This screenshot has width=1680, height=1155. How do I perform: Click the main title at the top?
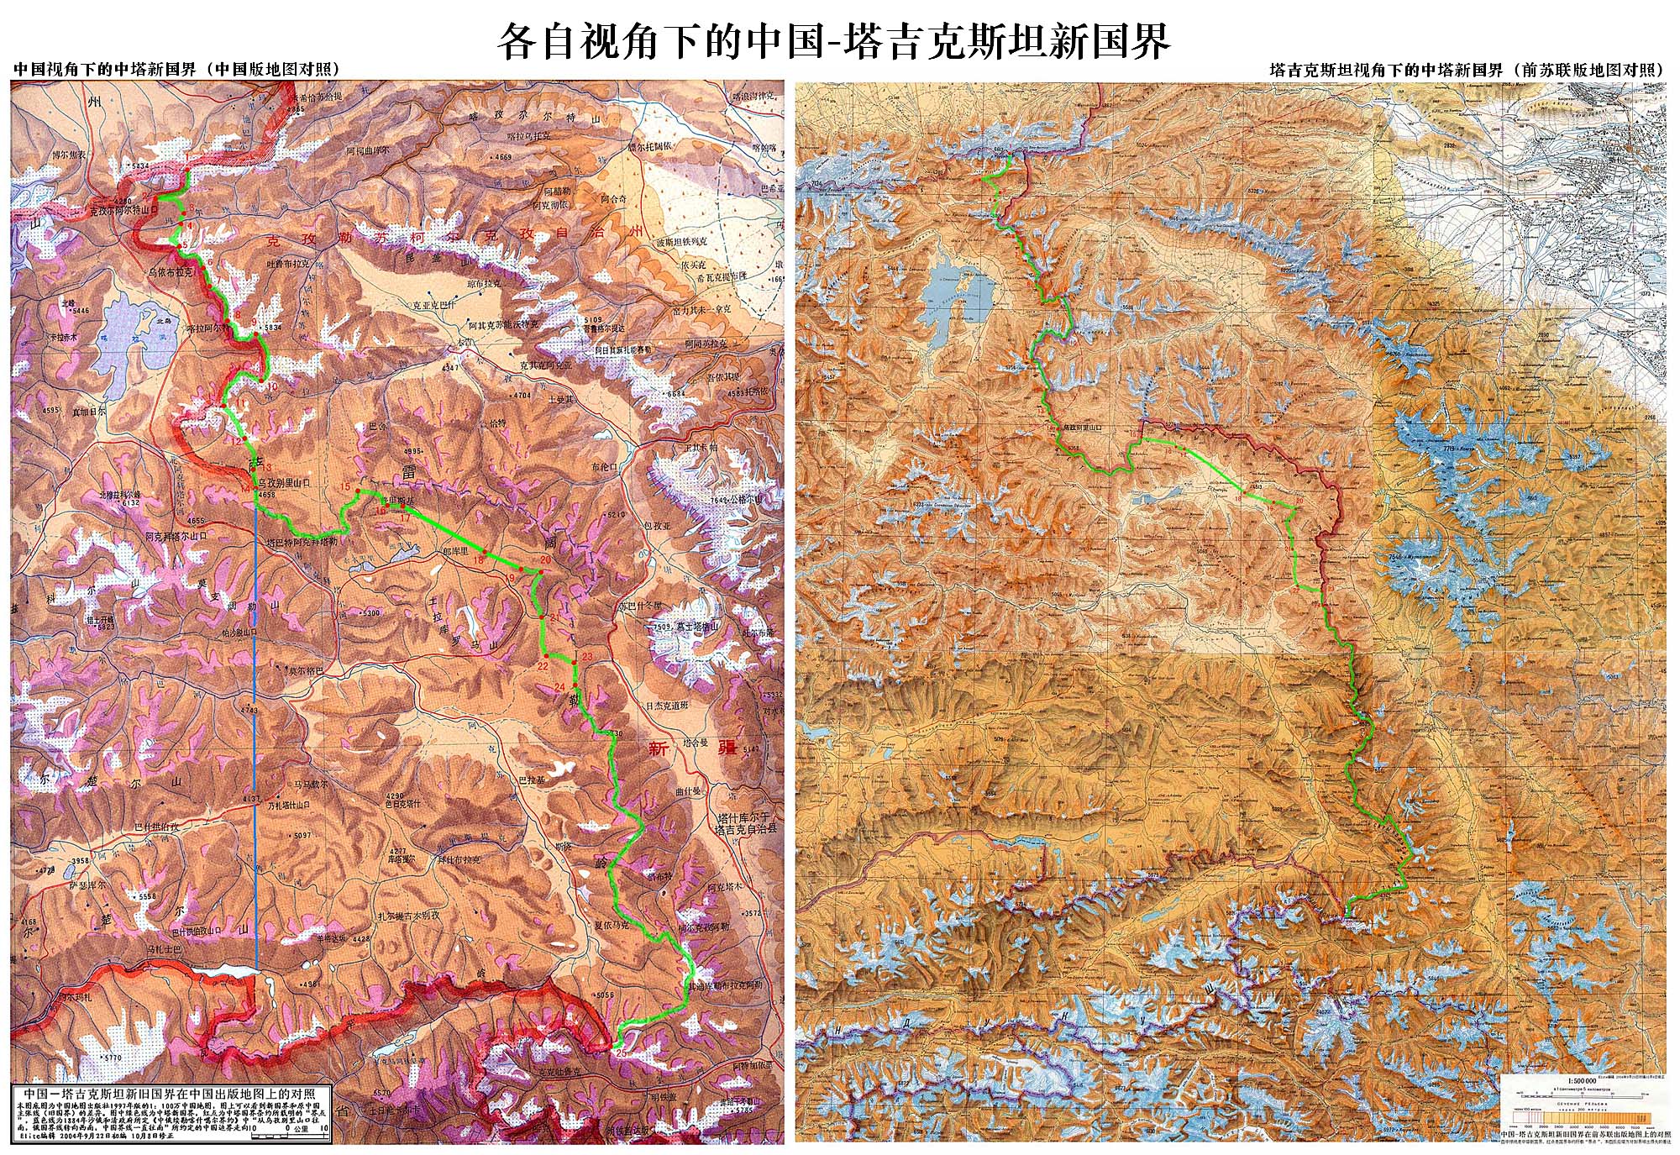tap(833, 39)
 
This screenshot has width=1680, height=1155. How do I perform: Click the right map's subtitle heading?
tap(1466, 71)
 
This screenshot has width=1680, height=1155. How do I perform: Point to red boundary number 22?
tap(542, 665)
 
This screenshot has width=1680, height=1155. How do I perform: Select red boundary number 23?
tap(587, 656)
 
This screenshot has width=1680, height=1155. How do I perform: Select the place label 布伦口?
tap(604, 467)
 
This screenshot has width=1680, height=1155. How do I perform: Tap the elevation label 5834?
tap(272, 328)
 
